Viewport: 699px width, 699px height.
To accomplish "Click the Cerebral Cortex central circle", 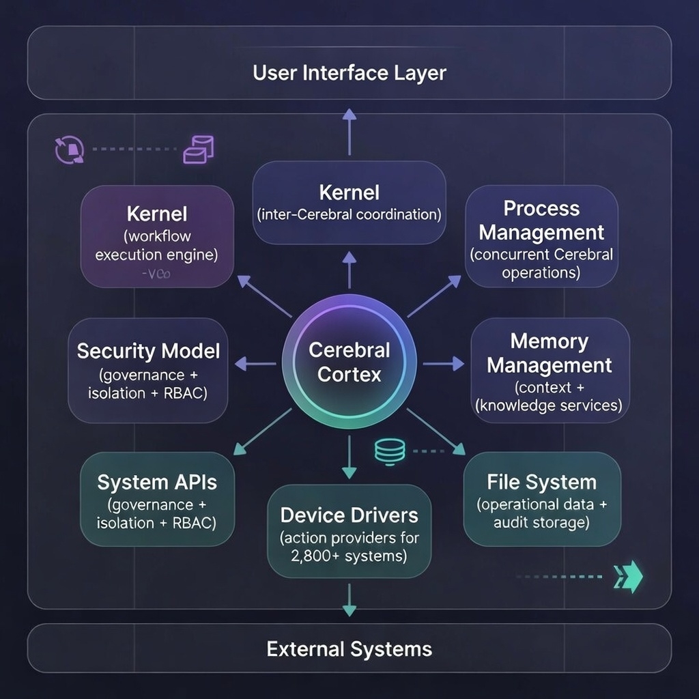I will [349, 362].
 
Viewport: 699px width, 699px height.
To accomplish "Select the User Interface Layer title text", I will [349, 73].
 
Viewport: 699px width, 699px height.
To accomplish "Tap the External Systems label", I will [349, 648].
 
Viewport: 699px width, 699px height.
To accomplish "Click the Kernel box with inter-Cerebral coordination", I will [349, 203].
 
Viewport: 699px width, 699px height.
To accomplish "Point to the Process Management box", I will [541, 236].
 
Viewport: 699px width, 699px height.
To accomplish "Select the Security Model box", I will [149, 371].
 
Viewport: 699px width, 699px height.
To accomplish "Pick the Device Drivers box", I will [349, 530].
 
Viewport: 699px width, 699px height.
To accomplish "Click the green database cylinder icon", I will [390, 450].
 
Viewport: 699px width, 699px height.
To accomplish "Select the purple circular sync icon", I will [69, 149].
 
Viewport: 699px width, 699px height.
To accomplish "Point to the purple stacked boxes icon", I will [199, 149].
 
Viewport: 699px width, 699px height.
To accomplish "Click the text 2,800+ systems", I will [349, 556].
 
